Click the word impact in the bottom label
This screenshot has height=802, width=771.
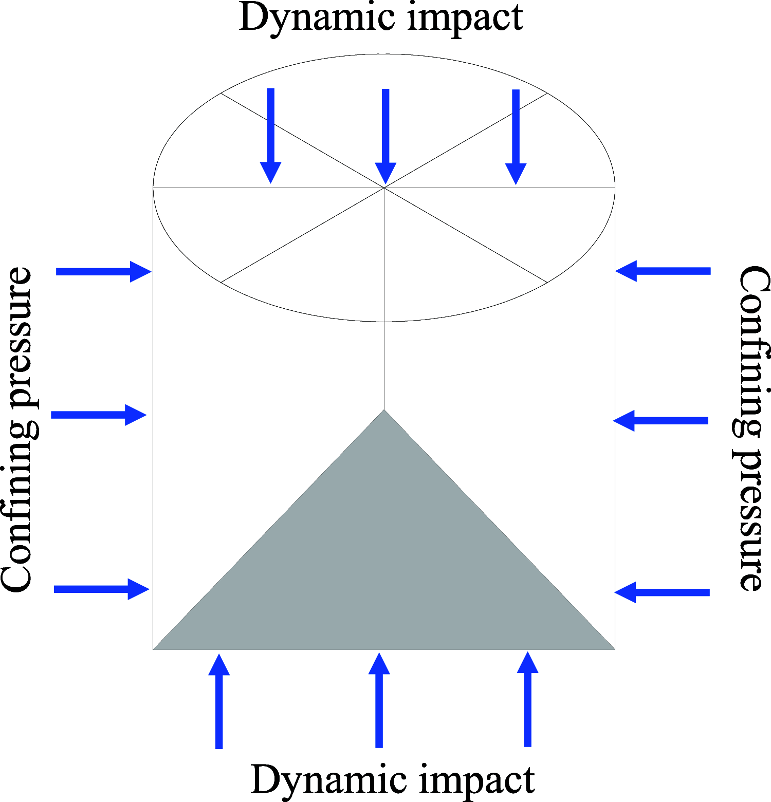477,780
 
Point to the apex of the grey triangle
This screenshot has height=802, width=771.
384,411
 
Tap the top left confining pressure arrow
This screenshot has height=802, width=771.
103,271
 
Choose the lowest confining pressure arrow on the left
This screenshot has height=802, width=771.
101,589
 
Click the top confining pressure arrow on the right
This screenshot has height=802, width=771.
663,271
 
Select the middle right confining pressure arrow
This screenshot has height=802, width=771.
661,420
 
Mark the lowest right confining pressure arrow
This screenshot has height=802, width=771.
662,592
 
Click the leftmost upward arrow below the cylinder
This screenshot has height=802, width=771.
219,701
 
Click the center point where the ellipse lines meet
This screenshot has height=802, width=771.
384,188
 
